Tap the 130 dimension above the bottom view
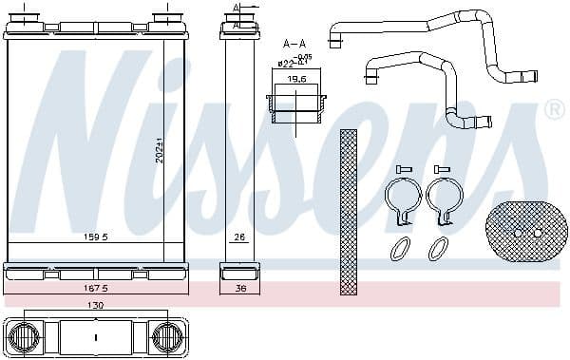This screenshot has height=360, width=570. coord(97,306)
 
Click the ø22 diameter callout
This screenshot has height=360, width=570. coord(288,64)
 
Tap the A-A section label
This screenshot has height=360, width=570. coord(294,43)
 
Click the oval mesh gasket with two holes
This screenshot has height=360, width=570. coord(524,232)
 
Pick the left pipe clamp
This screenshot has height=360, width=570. coord(402,201)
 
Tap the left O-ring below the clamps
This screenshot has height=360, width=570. coord(401,249)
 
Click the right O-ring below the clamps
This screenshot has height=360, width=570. coord(438,249)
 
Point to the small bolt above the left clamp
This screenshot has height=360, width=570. coord(401,169)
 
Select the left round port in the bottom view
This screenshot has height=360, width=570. coord(26,336)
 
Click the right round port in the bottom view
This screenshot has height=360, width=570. coord(167,336)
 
